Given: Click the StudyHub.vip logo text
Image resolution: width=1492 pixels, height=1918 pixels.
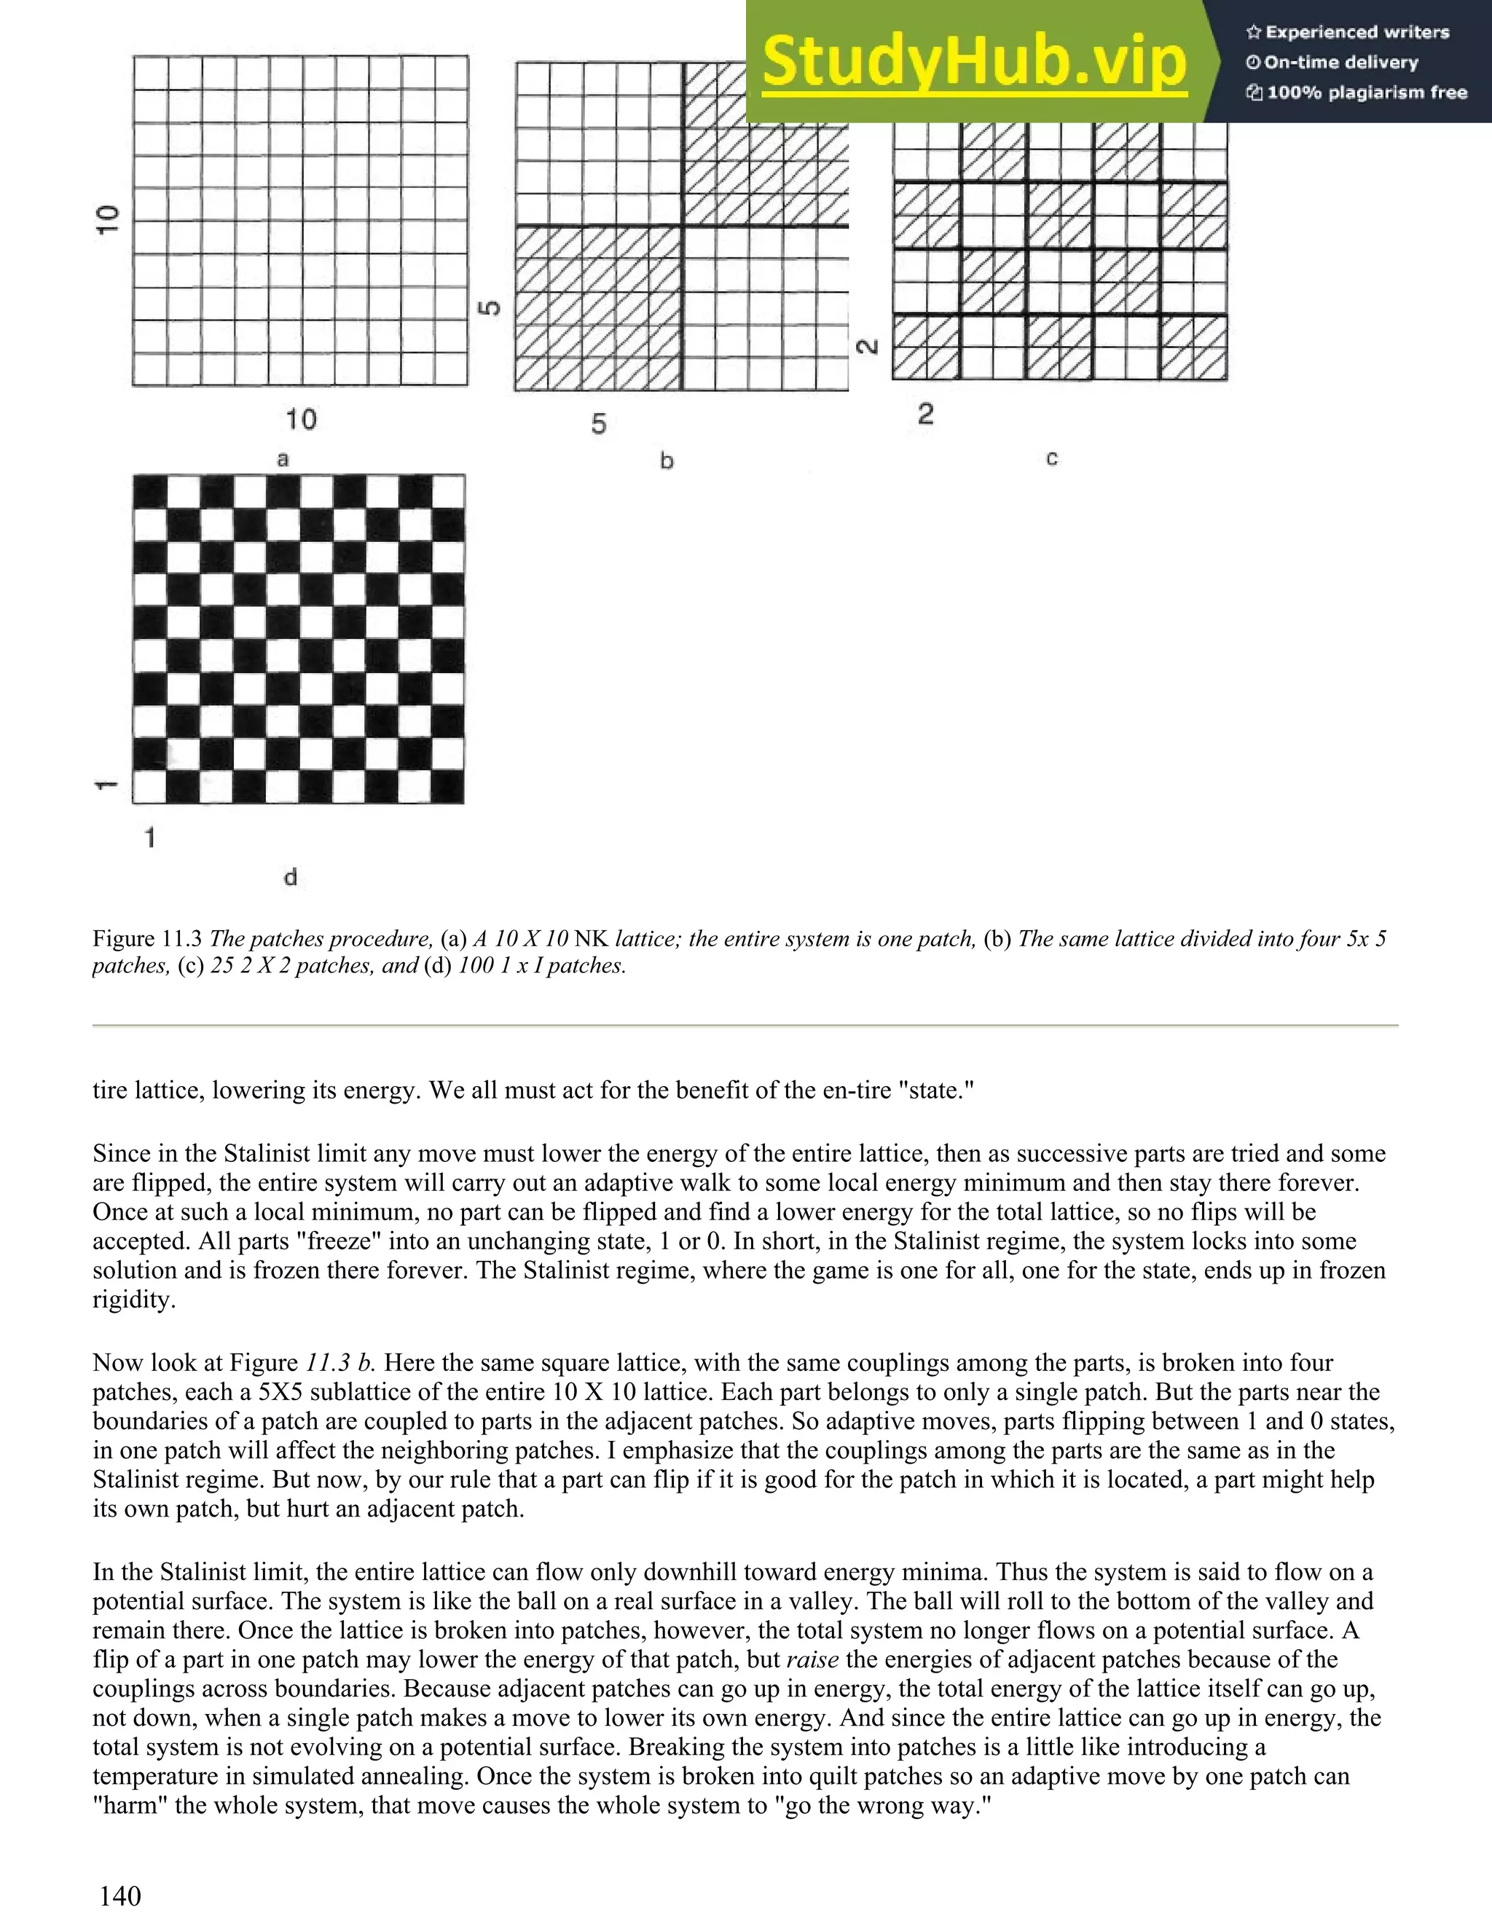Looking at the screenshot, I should click(974, 63).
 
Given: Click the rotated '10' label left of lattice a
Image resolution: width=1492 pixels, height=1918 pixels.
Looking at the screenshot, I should click(106, 219).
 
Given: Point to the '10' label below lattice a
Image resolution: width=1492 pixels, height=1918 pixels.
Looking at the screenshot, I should click(300, 420).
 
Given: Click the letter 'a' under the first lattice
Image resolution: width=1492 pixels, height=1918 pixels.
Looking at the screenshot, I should click(283, 458).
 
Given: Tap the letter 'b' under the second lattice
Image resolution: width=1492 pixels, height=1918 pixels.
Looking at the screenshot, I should click(667, 460).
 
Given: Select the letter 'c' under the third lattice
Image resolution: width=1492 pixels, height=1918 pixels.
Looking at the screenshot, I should click(1051, 457).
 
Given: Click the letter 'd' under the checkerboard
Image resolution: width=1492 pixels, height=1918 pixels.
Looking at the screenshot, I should click(291, 876).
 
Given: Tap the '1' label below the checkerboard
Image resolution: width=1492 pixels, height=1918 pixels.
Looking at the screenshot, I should click(150, 838).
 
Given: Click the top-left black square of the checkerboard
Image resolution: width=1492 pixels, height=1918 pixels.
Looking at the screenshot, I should click(149, 491).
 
